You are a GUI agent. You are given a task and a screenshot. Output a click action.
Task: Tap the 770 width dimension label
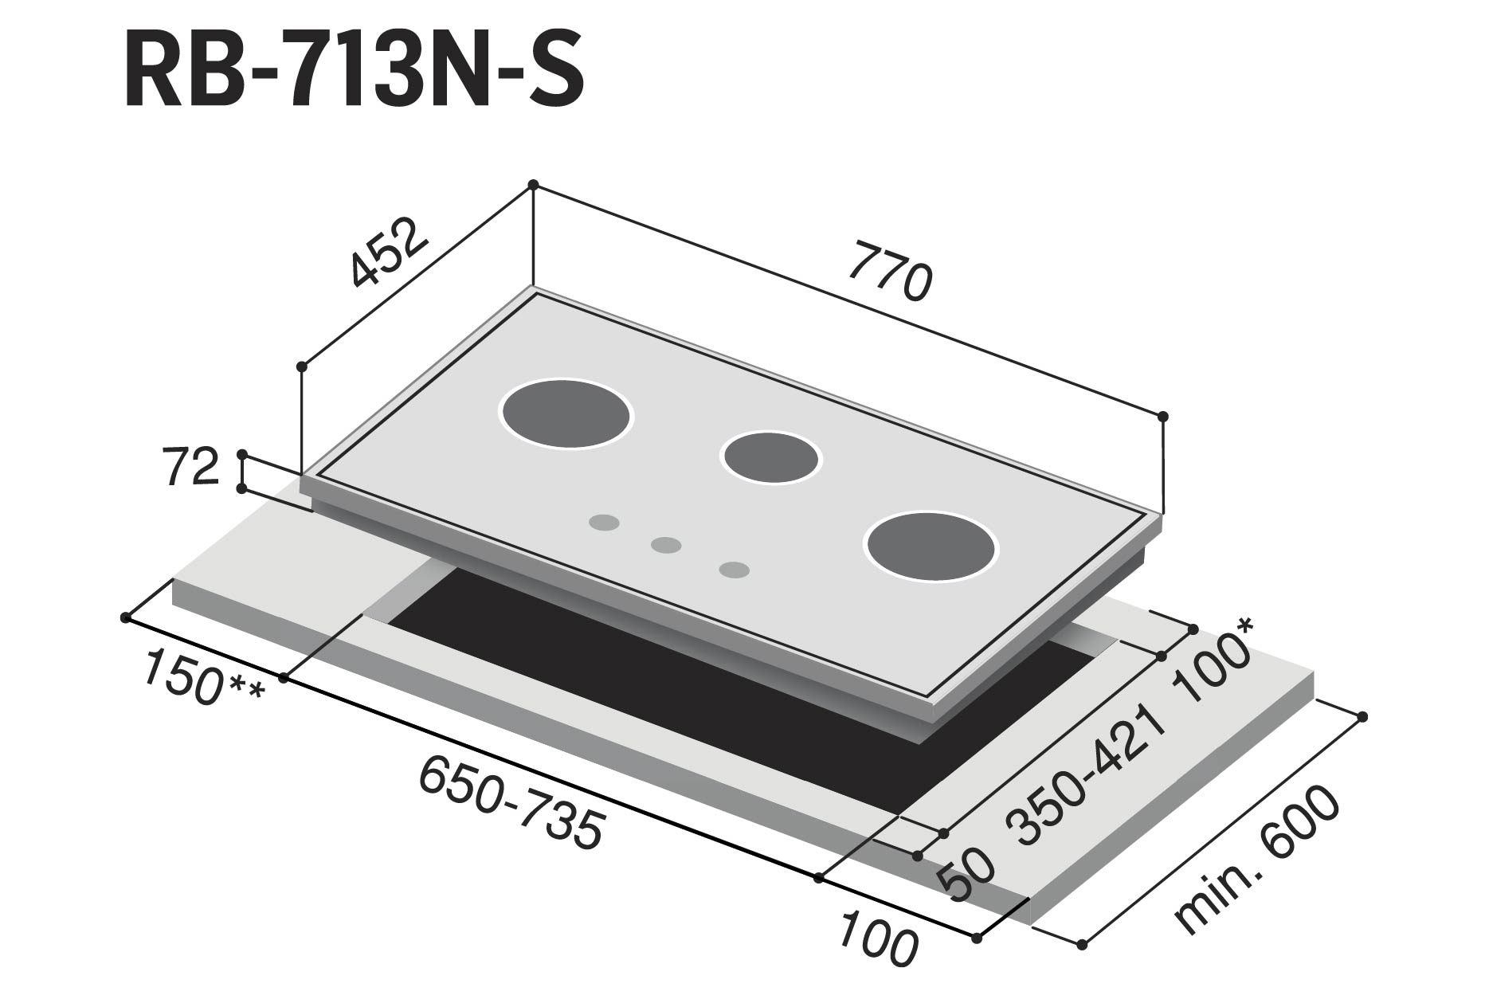pyautogui.click(x=889, y=273)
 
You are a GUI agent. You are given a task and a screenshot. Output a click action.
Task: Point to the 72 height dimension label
pyautogui.click(x=190, y=468)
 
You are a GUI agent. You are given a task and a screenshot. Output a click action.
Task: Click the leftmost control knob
pyautogui.click(x=605, y=523)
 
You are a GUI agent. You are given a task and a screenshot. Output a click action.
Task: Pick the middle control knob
pyautogui.click(x=666, y=545)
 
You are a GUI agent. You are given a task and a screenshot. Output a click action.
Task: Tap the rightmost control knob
pyautogui.click(x=734, y=570)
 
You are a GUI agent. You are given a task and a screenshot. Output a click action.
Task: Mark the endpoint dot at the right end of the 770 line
pyautogui.click(x=1162, y=416)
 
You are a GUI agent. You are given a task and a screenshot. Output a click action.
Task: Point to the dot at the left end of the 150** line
pyautogui.click(x=125, y=617)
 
